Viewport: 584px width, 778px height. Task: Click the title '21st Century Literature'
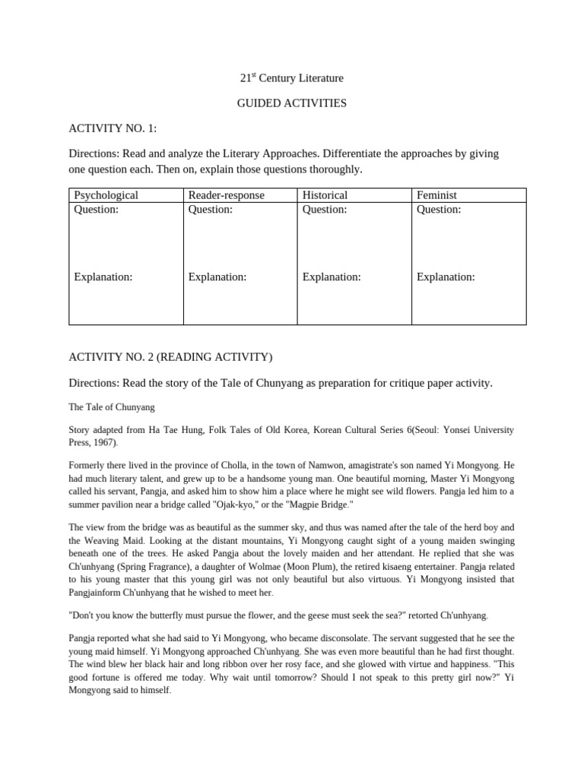click(291, 78)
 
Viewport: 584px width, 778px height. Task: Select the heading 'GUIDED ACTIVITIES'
click(291, 103)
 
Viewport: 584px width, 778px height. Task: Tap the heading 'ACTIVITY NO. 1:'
click(113, 128)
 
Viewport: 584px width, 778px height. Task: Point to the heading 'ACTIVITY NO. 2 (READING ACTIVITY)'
click(170, 357)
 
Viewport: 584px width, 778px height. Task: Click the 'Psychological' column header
click(106, 195)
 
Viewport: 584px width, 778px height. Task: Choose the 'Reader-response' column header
click(226, 195)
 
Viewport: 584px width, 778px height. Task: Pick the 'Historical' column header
click(325, 195)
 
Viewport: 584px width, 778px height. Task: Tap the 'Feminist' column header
click(436, 195)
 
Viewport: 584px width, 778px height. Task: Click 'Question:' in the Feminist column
click(439, 210)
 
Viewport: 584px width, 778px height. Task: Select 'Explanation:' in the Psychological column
click(103, 277)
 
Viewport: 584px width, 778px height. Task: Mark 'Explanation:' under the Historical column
click(332, 277)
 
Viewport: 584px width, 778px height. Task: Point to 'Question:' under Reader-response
click(210, 210)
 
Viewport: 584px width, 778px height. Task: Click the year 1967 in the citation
click(105, 443)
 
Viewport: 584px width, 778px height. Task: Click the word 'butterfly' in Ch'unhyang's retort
click(167, 614)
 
